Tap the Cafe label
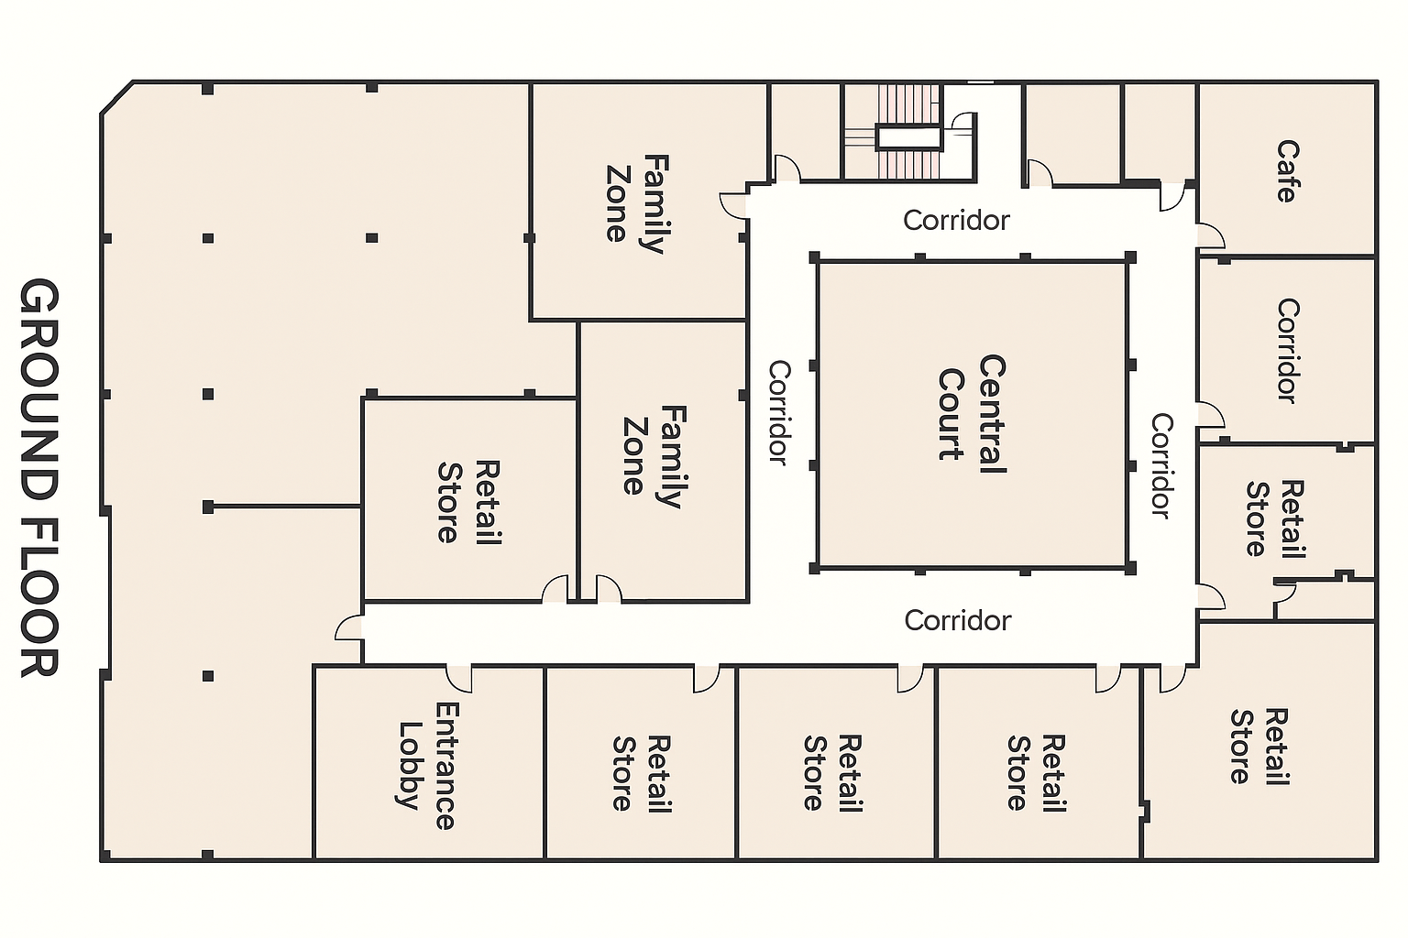click(x=1287, y=171)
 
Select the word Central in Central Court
click(x=993, y=414)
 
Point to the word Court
click(x=951, y=414)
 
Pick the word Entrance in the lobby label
click(x=445, y=766)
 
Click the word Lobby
click(x=409, y=766)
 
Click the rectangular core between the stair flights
click(x=909, y=137)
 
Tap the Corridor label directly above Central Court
click(x=956, y=220)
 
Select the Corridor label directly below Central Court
click(x=957, y=620)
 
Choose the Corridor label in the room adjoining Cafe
click(x=1287, y=351)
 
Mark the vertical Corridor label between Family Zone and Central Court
click(x=779, y=412)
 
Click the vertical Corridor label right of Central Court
click(x=1161, y=466)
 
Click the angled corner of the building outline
click(x=116, y=98)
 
